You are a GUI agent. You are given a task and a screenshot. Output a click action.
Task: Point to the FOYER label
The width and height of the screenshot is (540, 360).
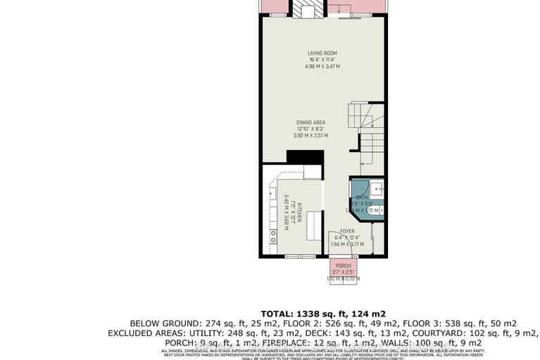[x=347, y=230]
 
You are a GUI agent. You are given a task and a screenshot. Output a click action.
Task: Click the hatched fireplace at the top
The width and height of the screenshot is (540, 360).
[x=307, y=8]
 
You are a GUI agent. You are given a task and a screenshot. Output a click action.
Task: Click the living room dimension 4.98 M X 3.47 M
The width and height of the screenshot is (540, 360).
[x=323, y=66]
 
